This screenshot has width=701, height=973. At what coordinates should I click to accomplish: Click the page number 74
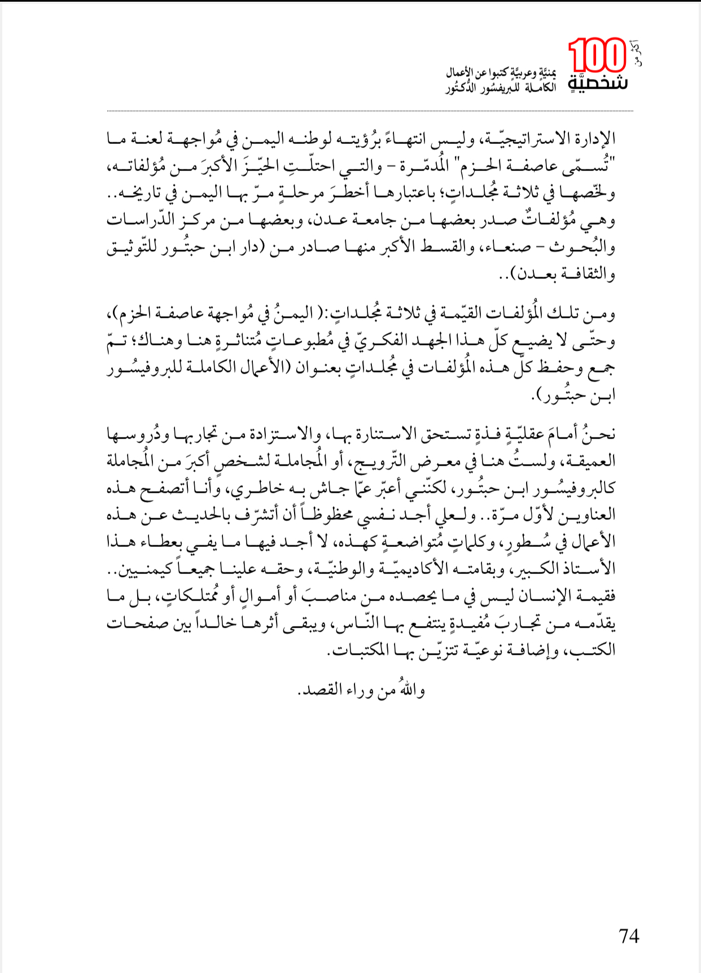pyautogui.click(x=629, y=936)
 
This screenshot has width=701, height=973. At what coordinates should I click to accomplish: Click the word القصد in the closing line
pyautogui.click(x=318, y=690)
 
